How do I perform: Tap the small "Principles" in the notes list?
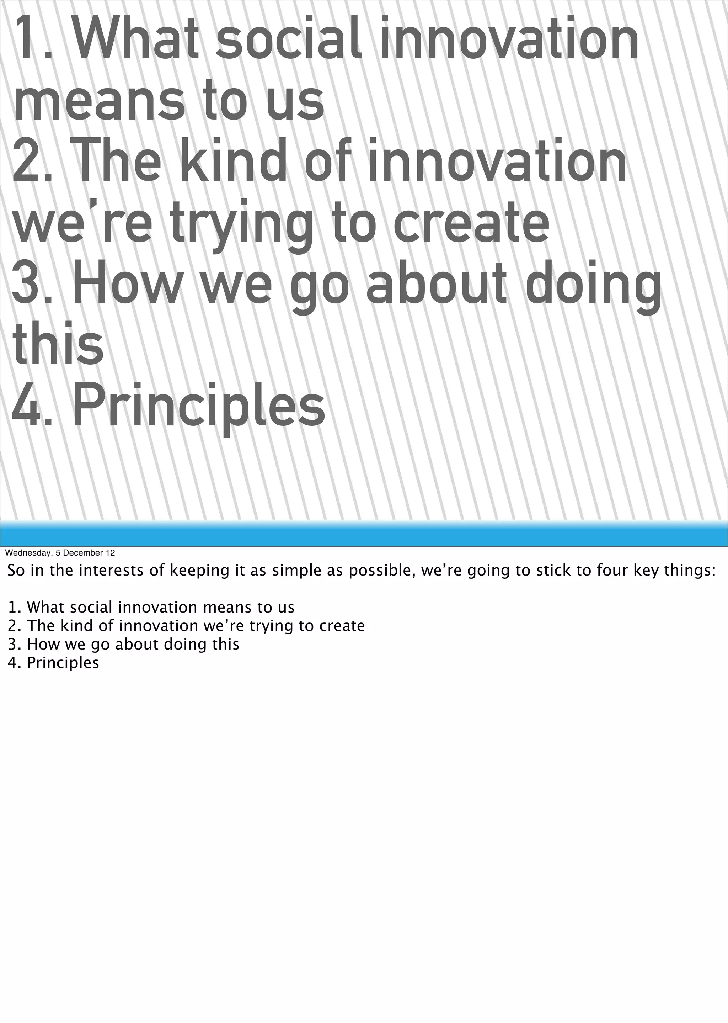(63, 663)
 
